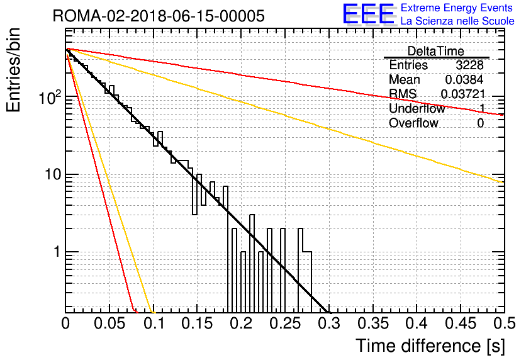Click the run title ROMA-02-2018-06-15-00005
point(159,16)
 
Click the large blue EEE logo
point(369,14)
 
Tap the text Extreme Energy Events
point(457,8)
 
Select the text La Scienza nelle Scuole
point(457,21)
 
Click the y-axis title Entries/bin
point(13,70)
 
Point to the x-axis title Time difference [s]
point(430,346)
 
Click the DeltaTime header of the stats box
point(436,51)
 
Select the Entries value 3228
point(469,65)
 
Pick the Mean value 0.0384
point(464,79)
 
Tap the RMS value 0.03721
point(463,94)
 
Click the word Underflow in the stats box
point(417,108)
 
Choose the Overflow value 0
point(480,123)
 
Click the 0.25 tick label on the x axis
point(286,323)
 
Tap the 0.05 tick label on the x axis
point(110,323)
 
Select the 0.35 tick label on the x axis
point(373,323)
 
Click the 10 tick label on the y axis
point(53,174)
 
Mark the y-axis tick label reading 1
point(57,252)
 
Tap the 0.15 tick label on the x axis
point(198,323)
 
